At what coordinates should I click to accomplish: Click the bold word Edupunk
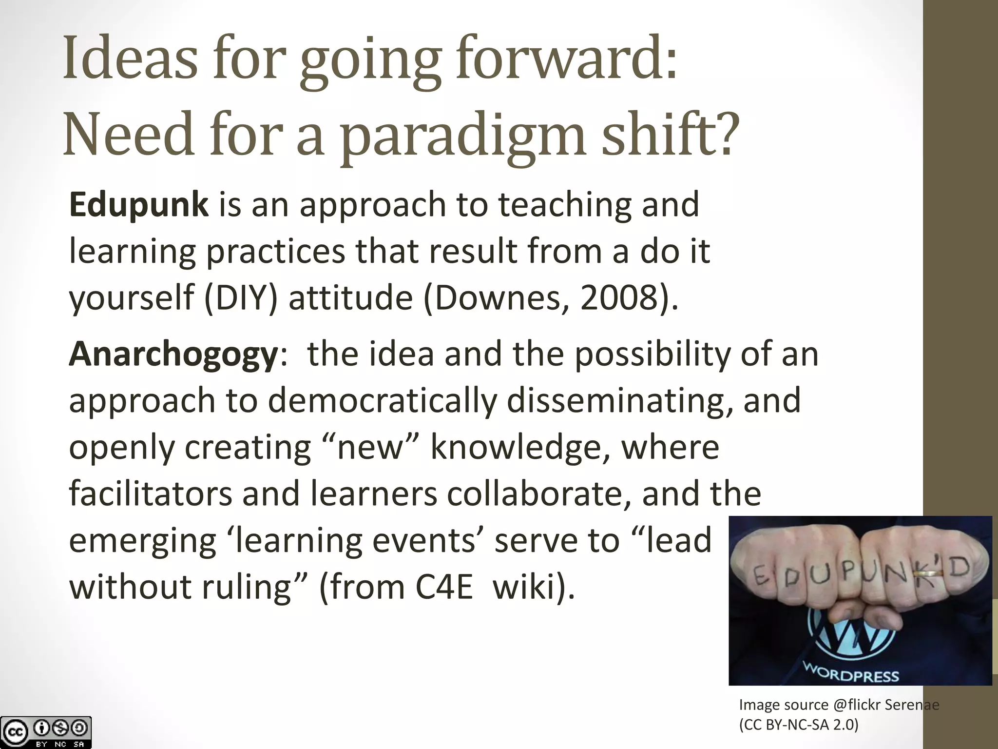coord(139,205)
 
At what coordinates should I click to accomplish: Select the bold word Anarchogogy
coord(173,355)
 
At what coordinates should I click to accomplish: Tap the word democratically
coord(382,401)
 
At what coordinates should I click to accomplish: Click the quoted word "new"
coord(371,448)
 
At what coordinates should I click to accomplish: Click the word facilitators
coord(150,493)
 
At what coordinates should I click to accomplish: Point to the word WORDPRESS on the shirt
coord(851,673)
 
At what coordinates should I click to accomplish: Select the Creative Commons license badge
coord(45,731)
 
